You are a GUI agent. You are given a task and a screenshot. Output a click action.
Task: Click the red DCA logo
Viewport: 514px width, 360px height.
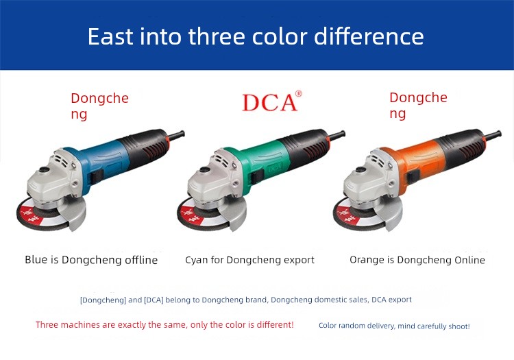click(272, 101)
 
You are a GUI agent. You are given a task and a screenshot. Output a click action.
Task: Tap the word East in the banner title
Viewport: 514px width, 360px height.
click(110, 36)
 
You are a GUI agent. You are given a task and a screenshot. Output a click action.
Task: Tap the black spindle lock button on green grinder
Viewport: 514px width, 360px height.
click(205, 170)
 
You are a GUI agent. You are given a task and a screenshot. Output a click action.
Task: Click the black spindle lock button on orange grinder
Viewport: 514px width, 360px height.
click(361, 170)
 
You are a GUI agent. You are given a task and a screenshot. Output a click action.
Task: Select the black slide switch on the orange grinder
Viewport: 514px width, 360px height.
click(411, 177)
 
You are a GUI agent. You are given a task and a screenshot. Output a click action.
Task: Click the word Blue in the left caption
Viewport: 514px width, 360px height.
click(36, 260)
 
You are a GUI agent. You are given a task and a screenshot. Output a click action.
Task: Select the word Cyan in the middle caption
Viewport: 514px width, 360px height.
click(197, 261)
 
